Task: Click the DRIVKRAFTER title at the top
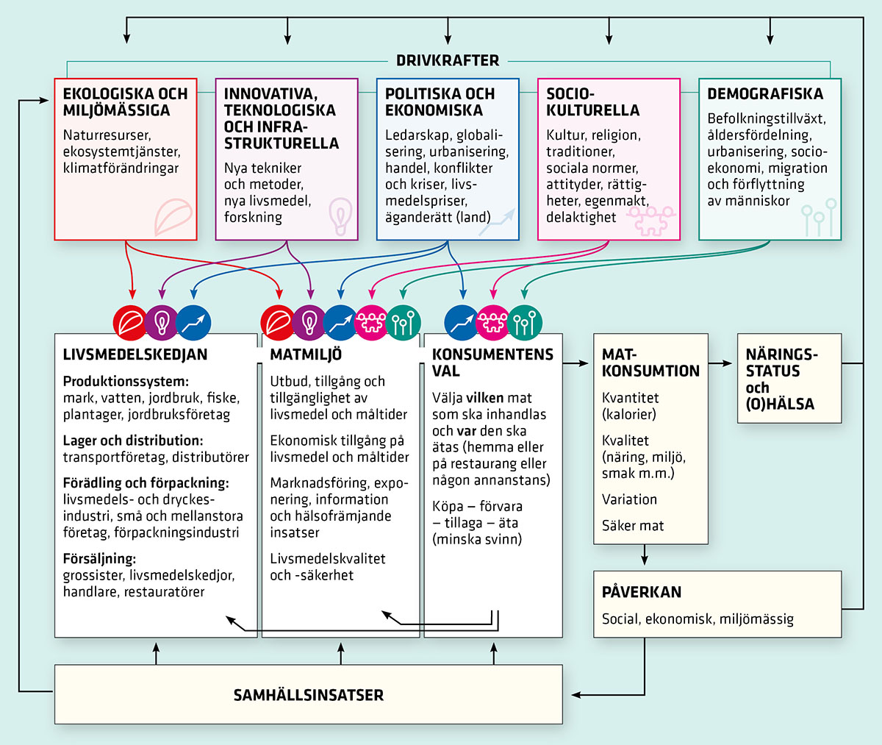(x=448, y=61)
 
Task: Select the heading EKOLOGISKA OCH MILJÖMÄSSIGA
(x=125, y=102)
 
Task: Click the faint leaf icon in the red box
(x=173, y=216)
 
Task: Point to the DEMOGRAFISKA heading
(x=764, y=94)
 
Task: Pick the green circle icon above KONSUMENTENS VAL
(x=524, y=322)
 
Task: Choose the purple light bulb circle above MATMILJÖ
(x=309, y=322)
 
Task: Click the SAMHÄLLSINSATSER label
(x=308, y=695)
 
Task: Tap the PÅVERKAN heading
(x=641, y=592)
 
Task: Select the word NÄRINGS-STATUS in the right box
(x=781, y=363)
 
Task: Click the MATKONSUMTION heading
(x=650, y=363)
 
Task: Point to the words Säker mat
(x=632, y=526)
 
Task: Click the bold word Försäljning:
(x=99, y=559)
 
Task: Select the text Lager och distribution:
(x=132, y=441)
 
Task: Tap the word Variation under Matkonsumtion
(x=629, y=499)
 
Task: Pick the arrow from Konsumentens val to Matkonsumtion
(x=578, y=363)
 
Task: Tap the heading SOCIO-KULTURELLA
(x=592, y=102)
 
